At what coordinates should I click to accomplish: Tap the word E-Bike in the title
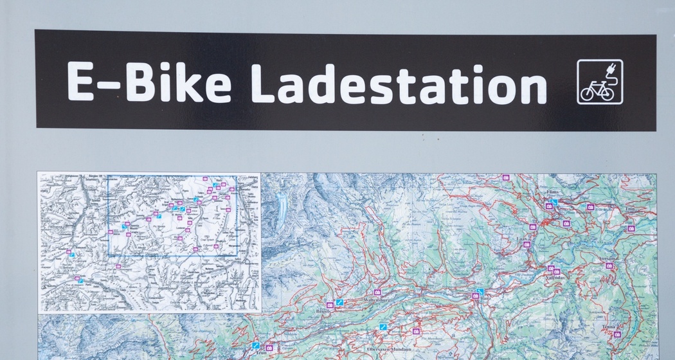pyautogui.click(x=149, y=82)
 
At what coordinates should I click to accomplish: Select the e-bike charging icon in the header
pyautogui.click(x=599, y=82)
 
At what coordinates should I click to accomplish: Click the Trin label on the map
pyautogui.click(x=630, y=209)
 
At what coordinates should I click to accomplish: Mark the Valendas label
pyautogui.click(x=557, y=278)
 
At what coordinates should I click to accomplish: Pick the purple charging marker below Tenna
pyautogui.click(x=616, y=334)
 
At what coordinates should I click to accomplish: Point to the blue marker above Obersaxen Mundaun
pyautogui.click(x=384, y=327)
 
